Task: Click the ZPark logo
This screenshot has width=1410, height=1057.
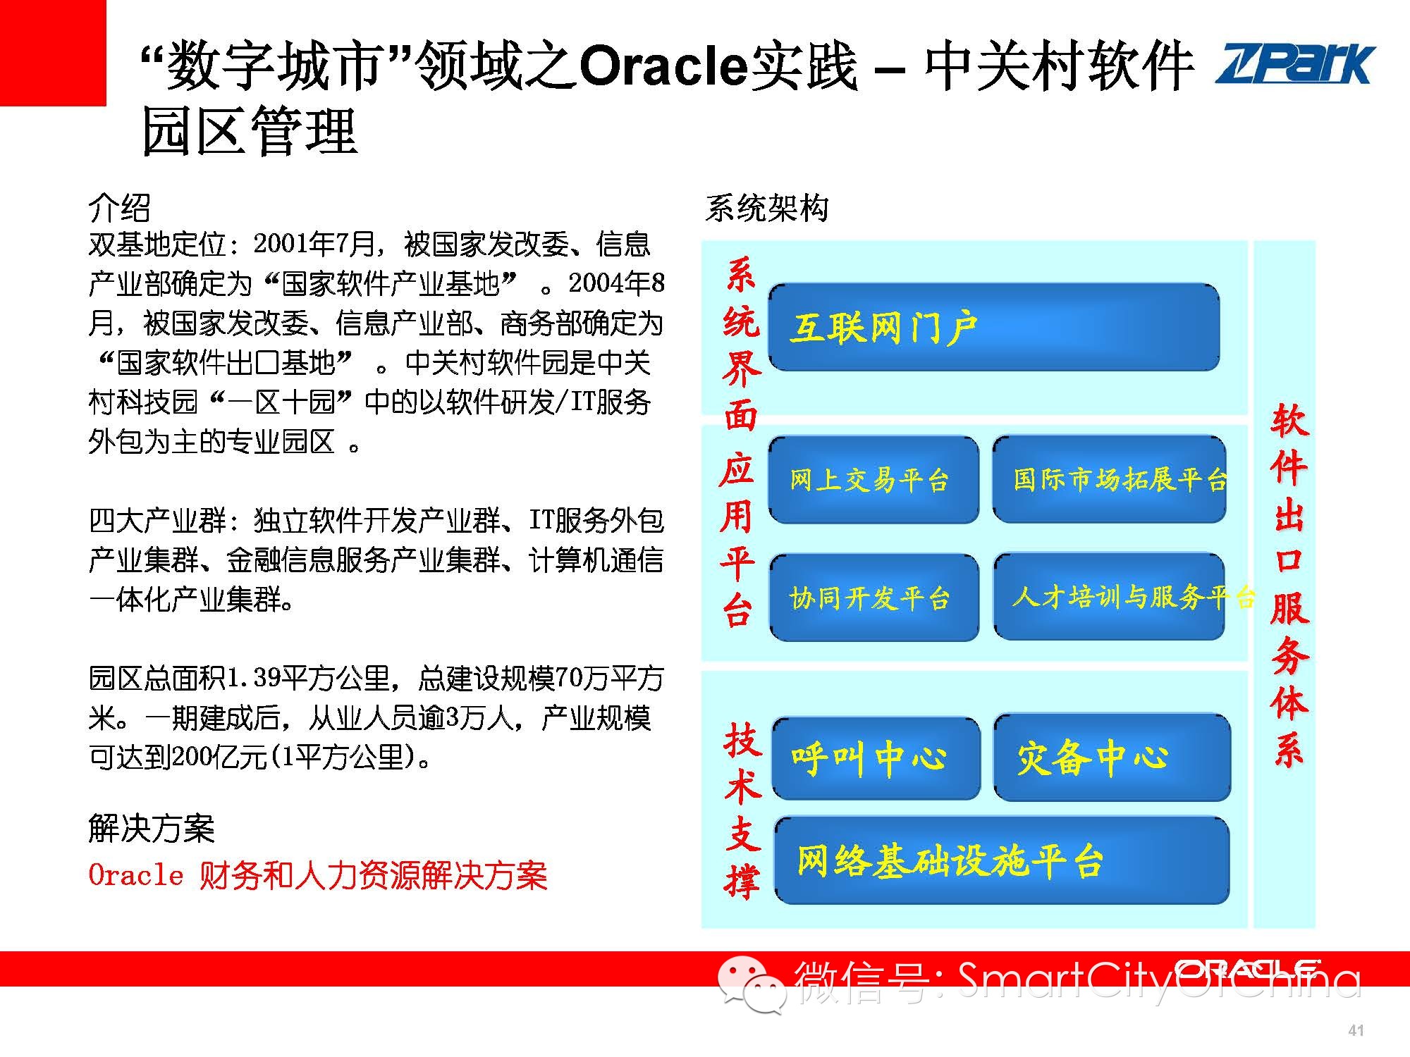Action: click(1295, 65)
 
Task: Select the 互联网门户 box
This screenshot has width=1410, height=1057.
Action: click(994, 327)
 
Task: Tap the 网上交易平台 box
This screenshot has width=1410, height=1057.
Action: click(873, 480)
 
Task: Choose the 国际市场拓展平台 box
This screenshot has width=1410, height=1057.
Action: click(1109, 480)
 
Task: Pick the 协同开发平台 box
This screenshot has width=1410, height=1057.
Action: click(874, 598)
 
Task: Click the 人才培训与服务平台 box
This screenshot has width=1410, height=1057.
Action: click(1109, 598)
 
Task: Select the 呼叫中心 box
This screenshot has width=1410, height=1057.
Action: click(876, 758)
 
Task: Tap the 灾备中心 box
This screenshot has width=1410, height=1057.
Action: click(1112, 758)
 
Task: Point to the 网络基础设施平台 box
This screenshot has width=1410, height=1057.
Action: click(1002, 860)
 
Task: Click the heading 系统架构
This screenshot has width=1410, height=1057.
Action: click(766, 208)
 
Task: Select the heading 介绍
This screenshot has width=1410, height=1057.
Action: click(119, 208)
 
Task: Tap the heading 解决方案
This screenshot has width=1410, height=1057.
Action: click(152, 828)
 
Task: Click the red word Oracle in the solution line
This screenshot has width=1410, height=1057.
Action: click(136, 875)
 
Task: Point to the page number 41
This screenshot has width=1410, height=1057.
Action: click(1356, 1030)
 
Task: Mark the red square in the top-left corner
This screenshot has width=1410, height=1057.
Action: click(53, 53)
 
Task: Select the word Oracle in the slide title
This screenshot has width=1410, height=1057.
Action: click(663, 66)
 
